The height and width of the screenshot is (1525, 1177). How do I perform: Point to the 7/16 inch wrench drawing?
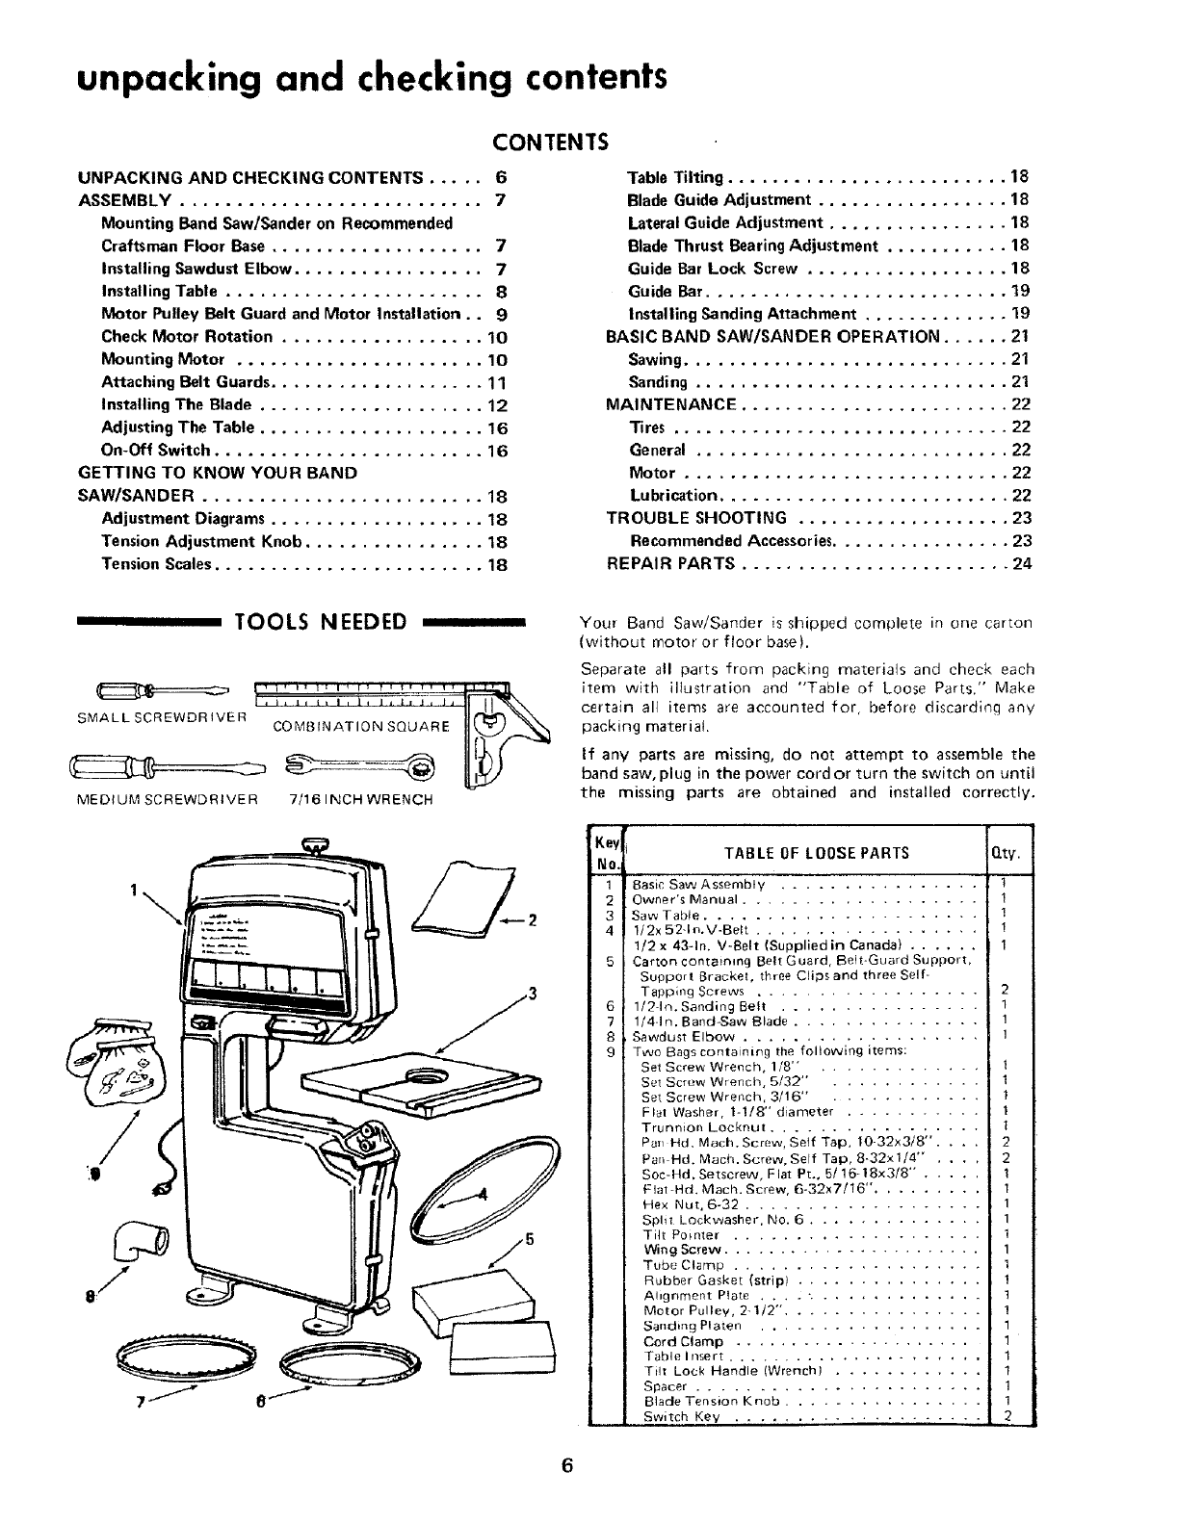[x=358, y=766]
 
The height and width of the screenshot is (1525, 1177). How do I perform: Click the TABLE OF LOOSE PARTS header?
[x=816, y=852]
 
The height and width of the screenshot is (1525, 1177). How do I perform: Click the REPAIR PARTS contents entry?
[x=671, y=564]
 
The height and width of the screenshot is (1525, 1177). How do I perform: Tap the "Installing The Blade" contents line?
[x=176, y=404]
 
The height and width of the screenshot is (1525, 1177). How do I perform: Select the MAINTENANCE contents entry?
[x=671, y=404]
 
